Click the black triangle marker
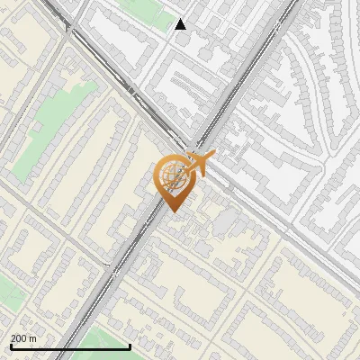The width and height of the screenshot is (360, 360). [181, 24]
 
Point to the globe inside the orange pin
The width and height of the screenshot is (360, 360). [173, 175]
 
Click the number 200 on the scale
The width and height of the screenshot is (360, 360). [19, 338]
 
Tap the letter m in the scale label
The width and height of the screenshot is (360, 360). [33, 338]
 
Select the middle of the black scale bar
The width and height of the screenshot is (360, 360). [70, 346]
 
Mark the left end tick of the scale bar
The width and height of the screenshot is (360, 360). [11, 346]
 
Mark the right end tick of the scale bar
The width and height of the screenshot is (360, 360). [130, 346]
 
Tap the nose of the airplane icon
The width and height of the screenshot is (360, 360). [212, 157]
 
